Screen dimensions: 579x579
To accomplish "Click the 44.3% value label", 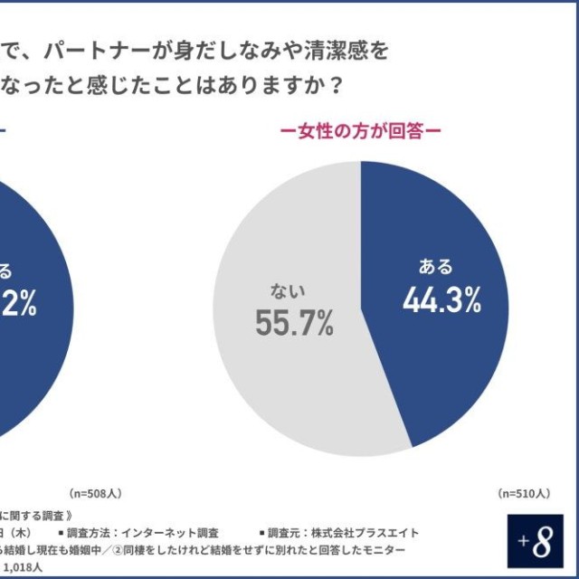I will (x=441, y=300).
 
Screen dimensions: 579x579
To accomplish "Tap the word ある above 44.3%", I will (x=435, y=267).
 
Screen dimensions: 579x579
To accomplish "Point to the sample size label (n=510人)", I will (x=522, y=493).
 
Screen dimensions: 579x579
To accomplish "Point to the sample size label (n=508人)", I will (x=96, y=493).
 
